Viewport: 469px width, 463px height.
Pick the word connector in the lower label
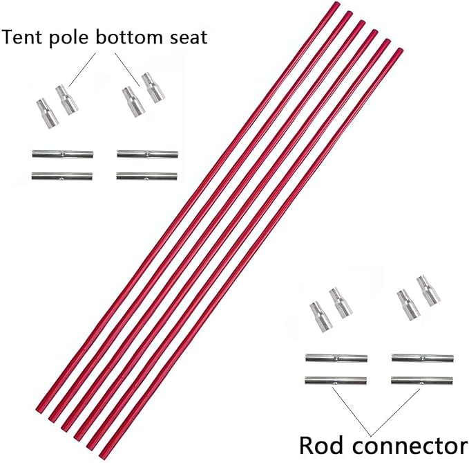(x=407, y=443)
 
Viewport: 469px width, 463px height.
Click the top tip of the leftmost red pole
(x=337, y=6)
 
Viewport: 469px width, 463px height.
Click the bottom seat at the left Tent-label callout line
(x=67, y=100)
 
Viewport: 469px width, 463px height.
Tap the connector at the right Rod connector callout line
(x=421, y=381)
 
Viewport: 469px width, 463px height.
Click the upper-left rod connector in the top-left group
(x=62, y=154)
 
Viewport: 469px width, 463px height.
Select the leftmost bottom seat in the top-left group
(x=44, y=111)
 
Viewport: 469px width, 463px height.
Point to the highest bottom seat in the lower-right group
(x=428, y=289)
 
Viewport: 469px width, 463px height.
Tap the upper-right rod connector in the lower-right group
(x=422, y=358)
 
